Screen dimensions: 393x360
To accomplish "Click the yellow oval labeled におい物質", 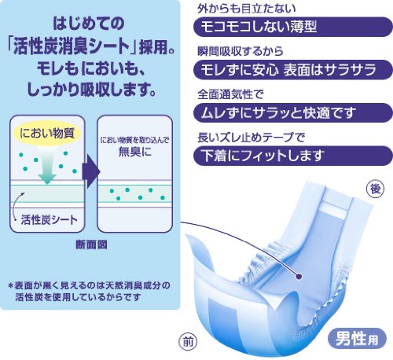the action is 47,133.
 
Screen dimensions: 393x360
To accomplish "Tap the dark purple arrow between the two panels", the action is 91,171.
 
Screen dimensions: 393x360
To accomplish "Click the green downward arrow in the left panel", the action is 46,165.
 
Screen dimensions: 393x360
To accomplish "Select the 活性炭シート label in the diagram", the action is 50,219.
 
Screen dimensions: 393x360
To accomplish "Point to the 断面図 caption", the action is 91,244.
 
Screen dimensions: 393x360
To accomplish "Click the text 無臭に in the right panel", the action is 135,152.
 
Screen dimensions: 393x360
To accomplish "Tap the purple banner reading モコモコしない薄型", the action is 292,27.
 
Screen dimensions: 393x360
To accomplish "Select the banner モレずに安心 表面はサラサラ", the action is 292,70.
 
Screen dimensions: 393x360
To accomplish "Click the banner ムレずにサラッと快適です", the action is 292,112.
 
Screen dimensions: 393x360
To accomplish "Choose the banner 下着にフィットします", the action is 292,156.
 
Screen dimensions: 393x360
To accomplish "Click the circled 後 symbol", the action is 375,189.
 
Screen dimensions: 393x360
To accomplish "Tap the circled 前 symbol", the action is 188,342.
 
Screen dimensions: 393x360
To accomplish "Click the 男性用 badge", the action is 357,338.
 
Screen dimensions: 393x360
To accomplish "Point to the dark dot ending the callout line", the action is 299,276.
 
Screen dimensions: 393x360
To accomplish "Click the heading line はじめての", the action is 89,23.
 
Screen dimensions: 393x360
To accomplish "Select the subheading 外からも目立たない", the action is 247,9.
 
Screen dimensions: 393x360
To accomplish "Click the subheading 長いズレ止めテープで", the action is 252,138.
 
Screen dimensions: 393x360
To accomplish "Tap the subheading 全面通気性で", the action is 230,94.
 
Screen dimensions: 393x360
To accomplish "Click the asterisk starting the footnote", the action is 10,285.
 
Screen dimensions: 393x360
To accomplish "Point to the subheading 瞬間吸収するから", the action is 241,51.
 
